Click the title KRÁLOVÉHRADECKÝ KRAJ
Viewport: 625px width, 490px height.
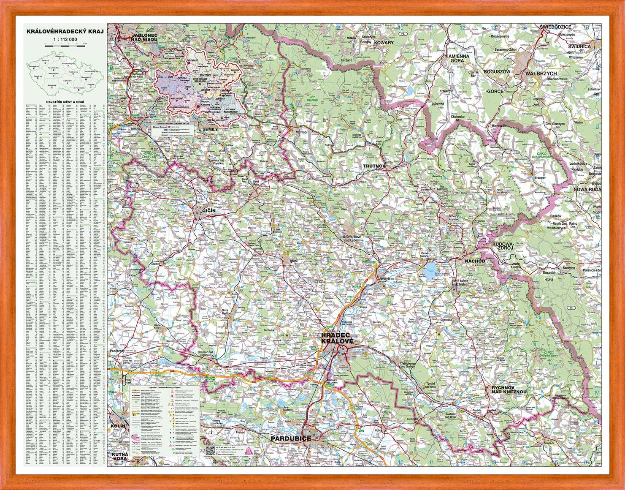(65, 31)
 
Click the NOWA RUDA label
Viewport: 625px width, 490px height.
(587, 190)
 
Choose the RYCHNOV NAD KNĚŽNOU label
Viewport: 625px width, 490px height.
(509, 389)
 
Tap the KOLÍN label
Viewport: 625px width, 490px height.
(118, 426)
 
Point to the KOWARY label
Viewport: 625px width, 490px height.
(383, 43)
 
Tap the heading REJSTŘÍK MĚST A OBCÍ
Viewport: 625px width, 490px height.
(65, 103)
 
